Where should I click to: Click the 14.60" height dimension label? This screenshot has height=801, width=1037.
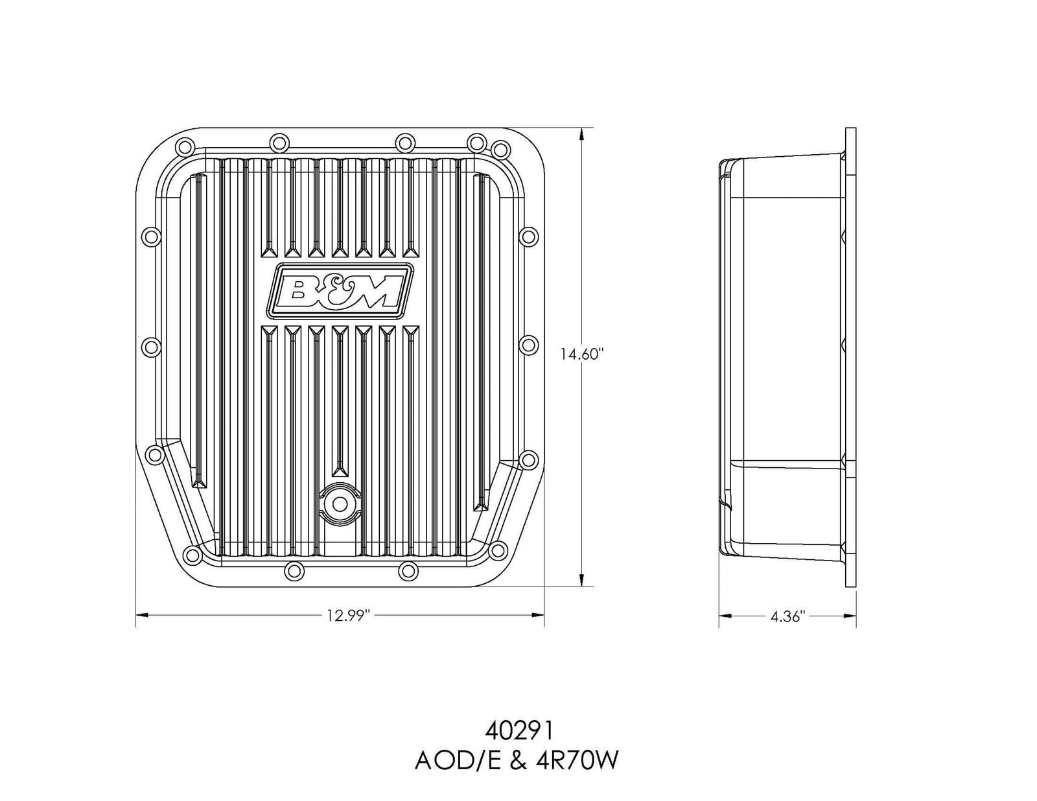pyautogui.click(x=582, y=354)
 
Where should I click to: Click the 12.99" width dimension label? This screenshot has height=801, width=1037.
pyautogui.click(x=347, y=616)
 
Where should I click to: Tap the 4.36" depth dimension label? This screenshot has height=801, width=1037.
pyautogui.click(x=787, y=616)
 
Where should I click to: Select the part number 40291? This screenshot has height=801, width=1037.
pyautogui.click(x=518, y=732)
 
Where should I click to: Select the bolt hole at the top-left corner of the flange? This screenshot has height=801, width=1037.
pyautogui.click(x=183, y=146)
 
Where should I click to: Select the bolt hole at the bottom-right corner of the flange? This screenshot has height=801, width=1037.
pyautogui.click(x=497, y=551)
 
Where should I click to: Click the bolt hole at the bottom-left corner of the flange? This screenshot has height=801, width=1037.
pyautogui.click(x=192, y=553)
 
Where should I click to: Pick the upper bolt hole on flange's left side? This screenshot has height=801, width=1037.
pyautogui.click(x=150, y=237)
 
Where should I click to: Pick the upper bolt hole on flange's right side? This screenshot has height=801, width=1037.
pyautogui.click(x=529, y=236)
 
